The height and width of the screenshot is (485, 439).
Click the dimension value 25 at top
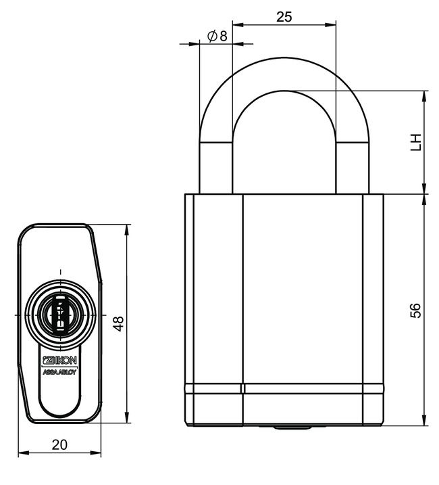click(x=284, y=17)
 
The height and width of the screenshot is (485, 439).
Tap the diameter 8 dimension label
click(x=217, y=36)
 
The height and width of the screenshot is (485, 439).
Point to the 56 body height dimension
click(x=416, y=310)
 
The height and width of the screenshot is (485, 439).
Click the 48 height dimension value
click(x=118, y=323)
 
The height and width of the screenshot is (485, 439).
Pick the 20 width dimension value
click(x=59, y=444)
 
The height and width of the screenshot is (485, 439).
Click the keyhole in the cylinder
click(x=60, y=315)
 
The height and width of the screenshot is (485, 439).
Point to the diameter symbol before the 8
click(x=211, y=36)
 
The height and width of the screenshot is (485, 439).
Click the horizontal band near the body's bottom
click(x=284, y=389)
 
